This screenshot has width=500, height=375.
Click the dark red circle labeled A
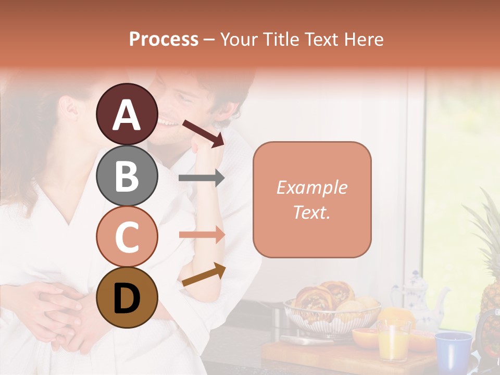tap(127, 114)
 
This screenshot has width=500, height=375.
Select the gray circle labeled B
tap(127, 176)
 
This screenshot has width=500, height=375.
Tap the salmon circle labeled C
tap(127, 236)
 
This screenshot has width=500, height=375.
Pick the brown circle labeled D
tap(127, 298)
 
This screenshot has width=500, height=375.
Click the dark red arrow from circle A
tap(203, 132)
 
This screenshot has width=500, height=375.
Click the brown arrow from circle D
tap(204, 274)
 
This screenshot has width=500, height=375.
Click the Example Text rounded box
tap(312, 199)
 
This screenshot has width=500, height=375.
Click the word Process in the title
tap(164, 39)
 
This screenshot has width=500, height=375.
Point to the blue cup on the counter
tap(453, 348)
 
